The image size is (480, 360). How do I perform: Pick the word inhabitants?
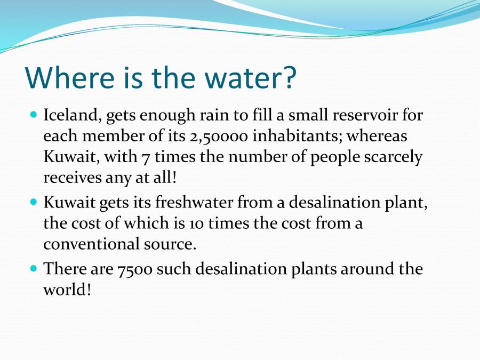click(297, 137)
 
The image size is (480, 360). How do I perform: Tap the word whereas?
click(377, 137)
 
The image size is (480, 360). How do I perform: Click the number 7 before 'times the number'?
click(145, 158)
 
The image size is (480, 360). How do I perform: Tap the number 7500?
click(135, 268)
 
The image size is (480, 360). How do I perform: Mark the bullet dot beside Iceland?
click(34, 114)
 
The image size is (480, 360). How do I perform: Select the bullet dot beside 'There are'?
click(34, 268)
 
